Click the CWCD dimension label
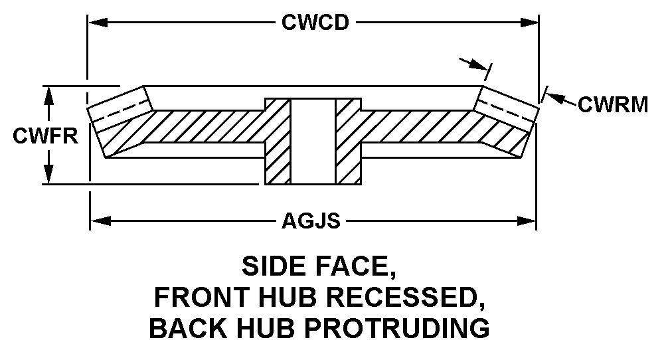click(315, 23)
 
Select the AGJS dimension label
click(311, 220)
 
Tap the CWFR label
click(46, 136)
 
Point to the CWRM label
click(613, 104)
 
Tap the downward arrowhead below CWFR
click(48, 176)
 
